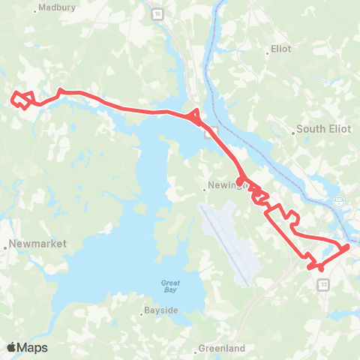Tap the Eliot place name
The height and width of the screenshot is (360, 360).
pyautogui.click(x=280, y=53)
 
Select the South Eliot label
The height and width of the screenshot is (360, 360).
pyautogui.click(x=323, y=129)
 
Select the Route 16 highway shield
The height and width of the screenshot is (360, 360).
pyautogui.click(x=155, y=14)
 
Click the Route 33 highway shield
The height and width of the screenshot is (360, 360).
pyautogui.click(x=323, y=285)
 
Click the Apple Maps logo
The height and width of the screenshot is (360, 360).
pyautogui.click(x=27, y=347)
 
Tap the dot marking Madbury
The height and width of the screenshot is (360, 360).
pyautogui.click(x=37, y=10)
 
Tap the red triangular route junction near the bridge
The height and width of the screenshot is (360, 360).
pyautogui.click(x=195, y=115)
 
